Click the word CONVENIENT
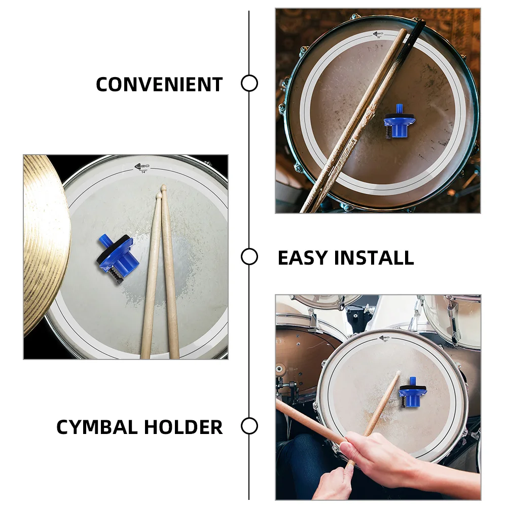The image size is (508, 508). tap(159, 84)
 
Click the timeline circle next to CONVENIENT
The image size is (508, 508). tap(249, 83)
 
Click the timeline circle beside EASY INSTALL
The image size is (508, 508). tap(249, 257)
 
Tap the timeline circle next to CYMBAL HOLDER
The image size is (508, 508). tap(249, 426)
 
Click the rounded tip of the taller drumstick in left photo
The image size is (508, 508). tap(163, 188)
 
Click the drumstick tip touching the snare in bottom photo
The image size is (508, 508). tap(397, 374)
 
